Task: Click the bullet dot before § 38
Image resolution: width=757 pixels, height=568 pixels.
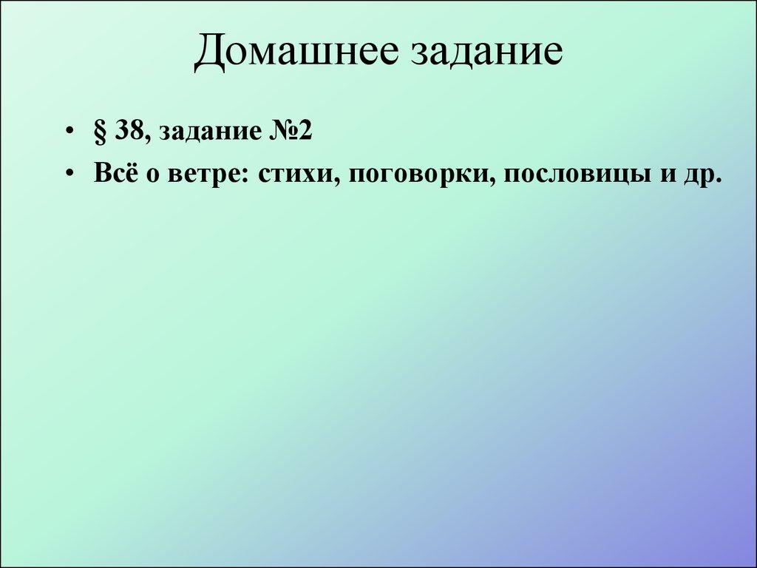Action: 69,134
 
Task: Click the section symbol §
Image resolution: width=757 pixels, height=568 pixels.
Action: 101,133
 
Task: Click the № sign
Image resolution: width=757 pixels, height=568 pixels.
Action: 276,132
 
